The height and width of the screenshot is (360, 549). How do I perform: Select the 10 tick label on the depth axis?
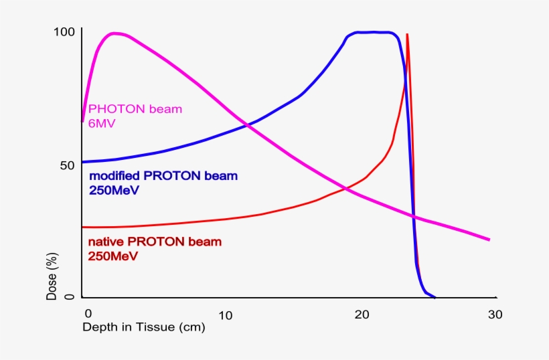pos(225,314)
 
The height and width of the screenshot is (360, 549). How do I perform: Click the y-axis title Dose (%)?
pos(52,276)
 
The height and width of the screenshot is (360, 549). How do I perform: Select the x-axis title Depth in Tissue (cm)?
pos(143,327)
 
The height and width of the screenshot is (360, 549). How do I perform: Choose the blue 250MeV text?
pos(114,190)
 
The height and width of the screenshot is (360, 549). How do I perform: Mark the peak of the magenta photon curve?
pos(115,33)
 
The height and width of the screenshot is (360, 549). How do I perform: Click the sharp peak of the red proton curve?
pos(407,35)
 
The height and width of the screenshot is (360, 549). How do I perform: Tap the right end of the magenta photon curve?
pos(489,240)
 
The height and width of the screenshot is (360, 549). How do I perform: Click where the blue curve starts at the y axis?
pos(83,162)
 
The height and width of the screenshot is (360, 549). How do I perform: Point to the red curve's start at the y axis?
pos(83,228)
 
